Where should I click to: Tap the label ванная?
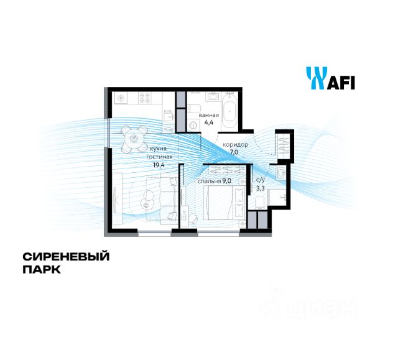tap(208, 115)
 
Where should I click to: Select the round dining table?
tap(134, 139)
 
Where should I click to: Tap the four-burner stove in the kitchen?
tap(146, 98)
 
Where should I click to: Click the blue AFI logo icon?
tap(315, 79)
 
